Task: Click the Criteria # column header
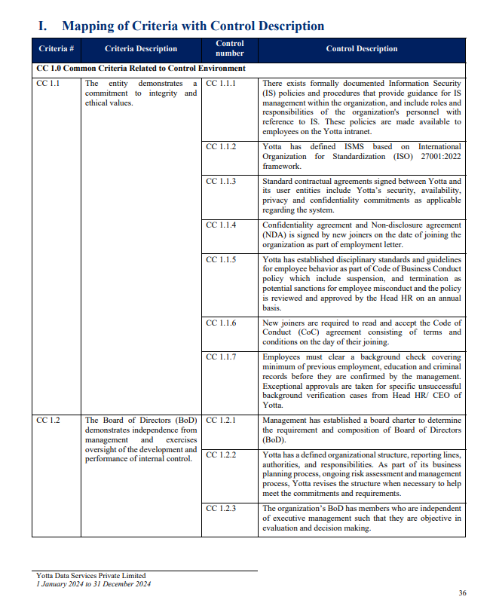point(57,49)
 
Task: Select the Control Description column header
point(362,49)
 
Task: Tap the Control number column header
point(230,49)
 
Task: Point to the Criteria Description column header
point(141,49)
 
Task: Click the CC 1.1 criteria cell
point(48,83)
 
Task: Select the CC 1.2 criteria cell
point(48,421)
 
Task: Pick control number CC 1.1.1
point(221,83)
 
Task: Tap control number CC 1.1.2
point(221,146)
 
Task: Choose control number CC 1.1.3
point(221,182)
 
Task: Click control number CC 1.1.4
point(221,225)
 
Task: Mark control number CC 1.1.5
point(221,260)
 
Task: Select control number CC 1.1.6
point(221,323)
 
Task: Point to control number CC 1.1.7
point(221,357)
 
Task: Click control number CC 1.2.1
point(221,421)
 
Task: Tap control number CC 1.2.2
point(221,455)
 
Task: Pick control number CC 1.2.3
point(221,508)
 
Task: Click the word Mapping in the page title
point(88,26)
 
